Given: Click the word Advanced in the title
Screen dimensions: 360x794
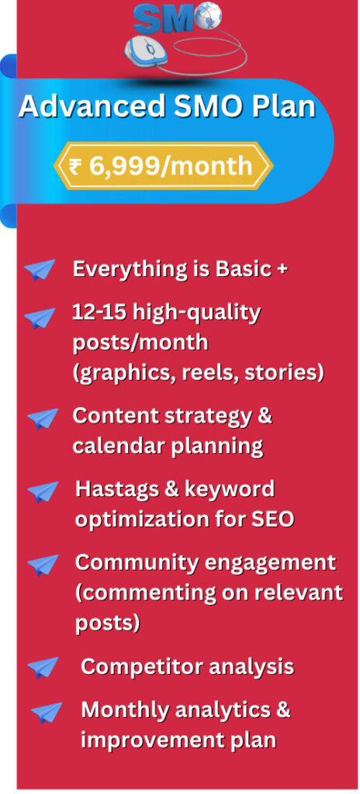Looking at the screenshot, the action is click(92, 107).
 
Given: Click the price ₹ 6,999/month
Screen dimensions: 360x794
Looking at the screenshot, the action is click(161, 166).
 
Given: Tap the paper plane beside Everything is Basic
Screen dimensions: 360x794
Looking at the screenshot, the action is click(40, 269).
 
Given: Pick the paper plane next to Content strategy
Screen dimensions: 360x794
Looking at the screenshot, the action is click(43, 419).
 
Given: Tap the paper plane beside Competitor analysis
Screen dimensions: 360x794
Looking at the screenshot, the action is click(43, 668).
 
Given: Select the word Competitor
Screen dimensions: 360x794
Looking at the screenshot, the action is click(140, 667).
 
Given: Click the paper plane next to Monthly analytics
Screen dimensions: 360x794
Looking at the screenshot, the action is click(47, 713).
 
